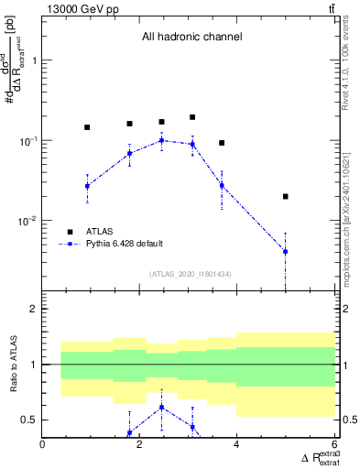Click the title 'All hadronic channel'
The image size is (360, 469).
pos(191,38)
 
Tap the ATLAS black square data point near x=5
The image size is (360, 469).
pos(286,196)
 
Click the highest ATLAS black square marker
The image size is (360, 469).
pos(192,117)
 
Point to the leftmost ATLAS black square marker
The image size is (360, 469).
pos(87,127)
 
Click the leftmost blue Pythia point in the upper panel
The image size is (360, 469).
pos(87,186)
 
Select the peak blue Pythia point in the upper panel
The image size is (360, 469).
pos(161,140)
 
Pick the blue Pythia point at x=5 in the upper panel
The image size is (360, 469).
pos(286,251)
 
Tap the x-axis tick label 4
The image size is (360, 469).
pos(237,444)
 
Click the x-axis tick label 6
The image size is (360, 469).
pos(333,444)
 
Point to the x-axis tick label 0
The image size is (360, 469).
pos(43,444)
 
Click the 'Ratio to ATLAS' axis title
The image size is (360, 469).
pos(12,365)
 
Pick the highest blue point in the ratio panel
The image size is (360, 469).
pos(161,407)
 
